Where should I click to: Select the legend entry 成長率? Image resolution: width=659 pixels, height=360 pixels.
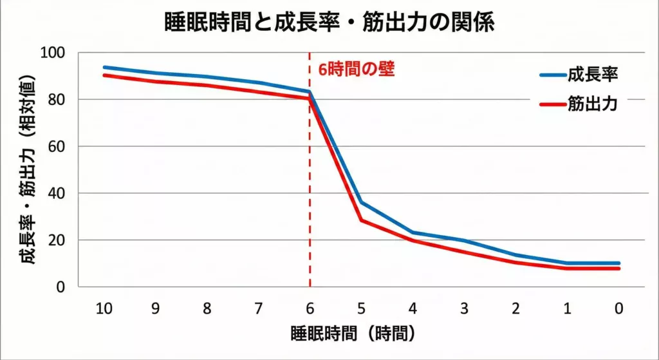coord(592,75)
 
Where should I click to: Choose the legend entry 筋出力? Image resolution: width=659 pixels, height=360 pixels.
coord(592,104)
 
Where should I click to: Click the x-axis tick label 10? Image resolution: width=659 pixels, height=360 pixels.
coord(104,309)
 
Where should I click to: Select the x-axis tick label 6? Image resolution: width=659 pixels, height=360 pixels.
coord(310,309)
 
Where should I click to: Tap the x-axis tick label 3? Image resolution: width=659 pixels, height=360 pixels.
coord(464,309)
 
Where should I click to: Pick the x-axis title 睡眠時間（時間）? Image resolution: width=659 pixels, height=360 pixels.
coord(351,334)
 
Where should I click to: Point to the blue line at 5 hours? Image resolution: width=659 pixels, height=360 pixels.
coord(361,203)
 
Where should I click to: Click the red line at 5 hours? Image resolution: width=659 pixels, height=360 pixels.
coord(361,221)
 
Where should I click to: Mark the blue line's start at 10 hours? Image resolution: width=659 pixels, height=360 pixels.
coord(104,67)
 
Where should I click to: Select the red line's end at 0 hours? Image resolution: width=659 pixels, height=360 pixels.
coord(618,269)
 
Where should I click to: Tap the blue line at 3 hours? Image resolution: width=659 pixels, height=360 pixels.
coord(464,241)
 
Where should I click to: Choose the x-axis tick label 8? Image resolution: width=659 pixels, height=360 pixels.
coord(207,309)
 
